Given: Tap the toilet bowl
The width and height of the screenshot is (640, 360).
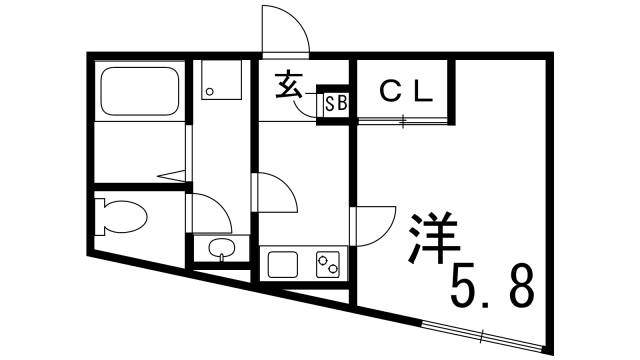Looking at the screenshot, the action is pos(121,215).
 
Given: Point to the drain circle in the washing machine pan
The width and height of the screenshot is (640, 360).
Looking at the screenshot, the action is pos(209,93).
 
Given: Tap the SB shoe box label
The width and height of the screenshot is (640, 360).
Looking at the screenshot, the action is pos(334,104).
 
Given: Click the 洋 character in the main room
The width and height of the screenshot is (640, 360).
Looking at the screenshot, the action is pos(432,236).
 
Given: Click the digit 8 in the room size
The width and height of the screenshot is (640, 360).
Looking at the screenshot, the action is pos(520,286).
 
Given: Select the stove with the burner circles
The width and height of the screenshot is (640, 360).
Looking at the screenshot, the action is pos(328,265).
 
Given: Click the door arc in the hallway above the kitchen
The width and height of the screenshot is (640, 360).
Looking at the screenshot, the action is pos(276,190).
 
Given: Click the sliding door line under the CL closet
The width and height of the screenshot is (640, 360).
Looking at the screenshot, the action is pos(403,122).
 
